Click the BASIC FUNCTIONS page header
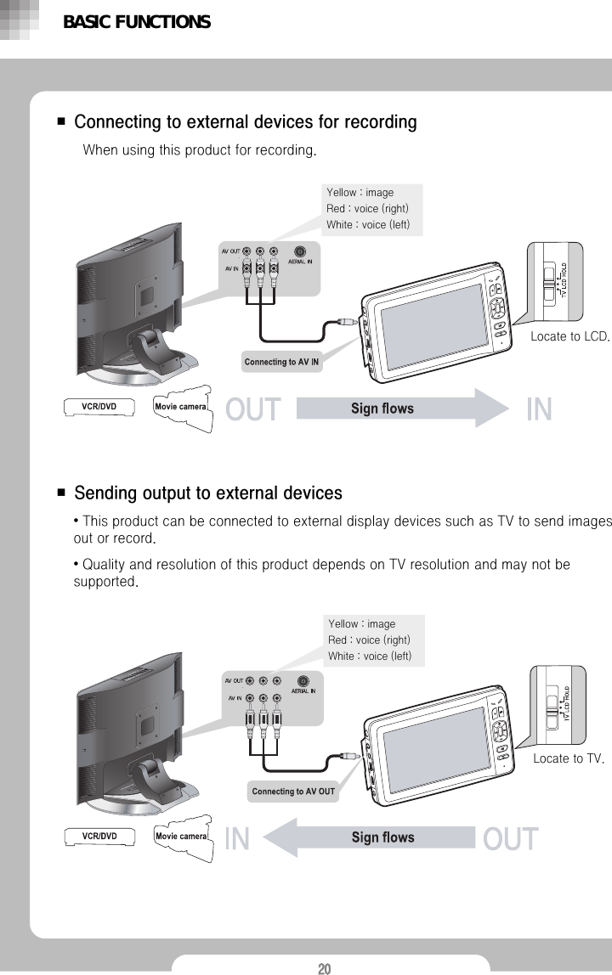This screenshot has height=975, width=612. click(136, 22)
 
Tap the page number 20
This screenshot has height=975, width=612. click(324, 967)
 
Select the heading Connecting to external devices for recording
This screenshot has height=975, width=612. click(246, 122)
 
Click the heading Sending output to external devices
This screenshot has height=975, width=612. click(208, 493)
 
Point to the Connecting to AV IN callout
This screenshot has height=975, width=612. click(281, 362)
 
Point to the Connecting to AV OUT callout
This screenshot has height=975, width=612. click(293, 792)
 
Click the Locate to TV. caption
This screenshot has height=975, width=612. click(568, 758)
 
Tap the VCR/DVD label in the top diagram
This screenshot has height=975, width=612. click(99, 407)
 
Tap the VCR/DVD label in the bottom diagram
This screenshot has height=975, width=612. click(99, 837)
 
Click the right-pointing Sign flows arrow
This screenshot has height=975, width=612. click(399, 409)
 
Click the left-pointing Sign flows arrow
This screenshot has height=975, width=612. click(374, 838)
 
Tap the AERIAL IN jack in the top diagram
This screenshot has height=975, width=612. click(300, 251)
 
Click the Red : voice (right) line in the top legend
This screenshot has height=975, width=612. click(367, 209)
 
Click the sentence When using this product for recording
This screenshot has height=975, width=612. click(200, 151)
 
